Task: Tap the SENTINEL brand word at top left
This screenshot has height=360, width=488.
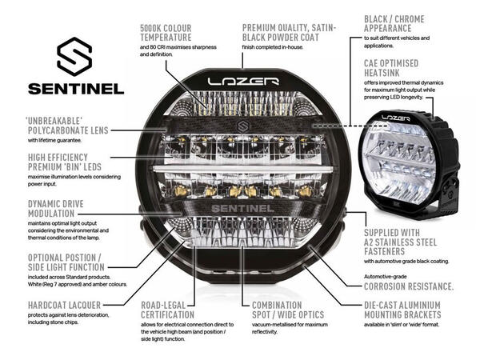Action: pos(75,88)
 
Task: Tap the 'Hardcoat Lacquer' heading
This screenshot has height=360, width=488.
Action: pos(54,305)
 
